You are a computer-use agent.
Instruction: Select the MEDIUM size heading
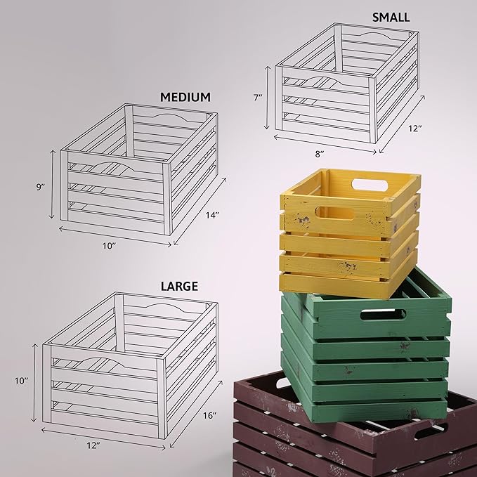click(x=185, y=96)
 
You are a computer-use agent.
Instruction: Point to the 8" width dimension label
click(x=320, y=154)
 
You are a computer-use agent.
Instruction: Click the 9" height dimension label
click(x=41, y=187)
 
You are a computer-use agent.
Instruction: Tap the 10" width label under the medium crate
click(x=109, y=245)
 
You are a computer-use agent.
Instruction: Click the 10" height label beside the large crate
click(x=22, y=381)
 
